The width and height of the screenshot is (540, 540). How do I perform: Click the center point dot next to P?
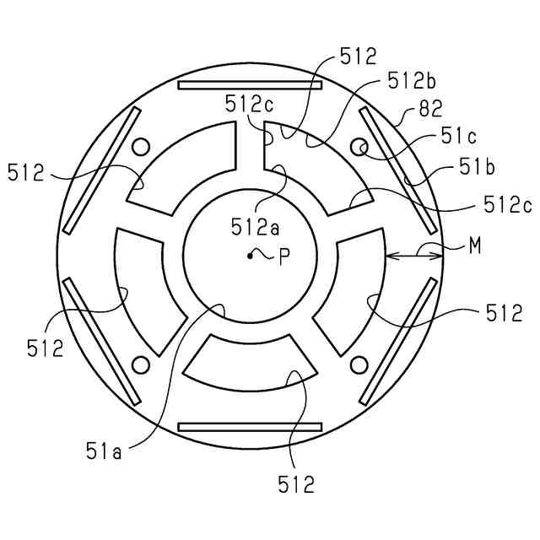tap(250, 256)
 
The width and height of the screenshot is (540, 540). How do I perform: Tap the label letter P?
tap(284, 256)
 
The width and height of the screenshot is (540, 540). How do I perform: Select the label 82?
tap(431, 109)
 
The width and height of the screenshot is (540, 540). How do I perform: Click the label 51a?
tap(104, 452)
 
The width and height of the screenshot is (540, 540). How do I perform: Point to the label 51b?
tap(477, 168)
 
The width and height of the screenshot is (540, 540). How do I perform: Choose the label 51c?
tap(459, 137)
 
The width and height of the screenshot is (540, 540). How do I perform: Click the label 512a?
tap(255, 227)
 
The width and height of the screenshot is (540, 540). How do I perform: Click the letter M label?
tap(475, 246)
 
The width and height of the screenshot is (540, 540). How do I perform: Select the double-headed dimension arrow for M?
tap(414, 256)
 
